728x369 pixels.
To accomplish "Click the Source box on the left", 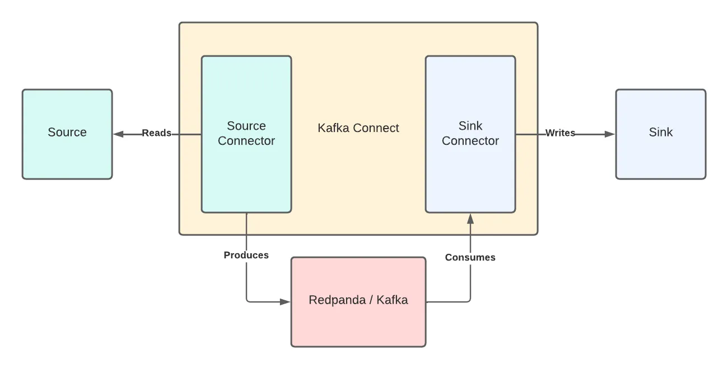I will pos(67,134).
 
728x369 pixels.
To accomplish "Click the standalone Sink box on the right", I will pos(661,134).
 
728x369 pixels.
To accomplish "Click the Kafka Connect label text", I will pos(358,128).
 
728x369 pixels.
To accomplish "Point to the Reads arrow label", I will pos(156,133).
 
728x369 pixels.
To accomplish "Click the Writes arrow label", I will pos(560,133).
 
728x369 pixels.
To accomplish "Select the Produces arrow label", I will pos(246,255).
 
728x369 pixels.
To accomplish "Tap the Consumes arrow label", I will pos(470,257).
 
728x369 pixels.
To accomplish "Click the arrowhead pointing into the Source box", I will pos(118,134).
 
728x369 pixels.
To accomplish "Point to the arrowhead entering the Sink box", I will pos(610,134).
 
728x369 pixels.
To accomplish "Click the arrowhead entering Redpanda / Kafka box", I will pos(285,302).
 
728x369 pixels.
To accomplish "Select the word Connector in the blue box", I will pos(470,141).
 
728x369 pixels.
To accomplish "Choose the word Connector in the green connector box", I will pos(246,141).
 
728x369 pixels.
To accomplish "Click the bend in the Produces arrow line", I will pos(247,301).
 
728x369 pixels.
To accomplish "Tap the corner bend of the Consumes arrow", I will pos(470,301).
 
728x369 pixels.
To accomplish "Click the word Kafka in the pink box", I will pos(392,300).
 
